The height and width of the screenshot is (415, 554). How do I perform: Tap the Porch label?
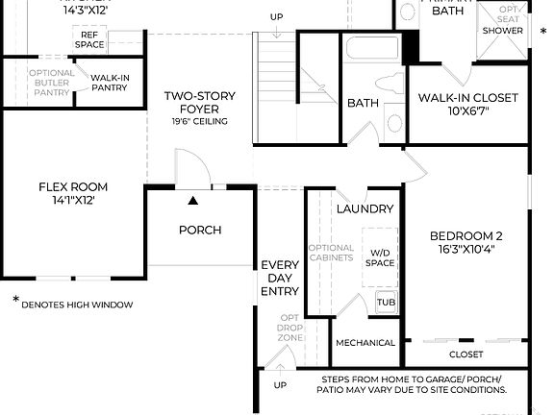pos(200,230)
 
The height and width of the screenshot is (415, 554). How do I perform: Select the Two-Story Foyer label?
pos(199,103)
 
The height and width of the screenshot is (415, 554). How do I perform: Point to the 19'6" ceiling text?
pos(199,122)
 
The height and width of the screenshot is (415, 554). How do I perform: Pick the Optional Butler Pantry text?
pos(52,83)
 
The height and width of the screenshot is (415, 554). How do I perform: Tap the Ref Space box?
pos(89,39)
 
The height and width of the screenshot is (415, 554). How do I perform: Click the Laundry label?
pos(365,208)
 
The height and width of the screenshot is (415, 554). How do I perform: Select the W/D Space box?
pos(381,257)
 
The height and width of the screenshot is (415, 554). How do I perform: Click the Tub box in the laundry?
pos(386,302)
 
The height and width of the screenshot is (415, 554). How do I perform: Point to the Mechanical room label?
pos(365,343)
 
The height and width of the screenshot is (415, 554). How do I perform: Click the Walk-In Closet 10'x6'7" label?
pos(467,105)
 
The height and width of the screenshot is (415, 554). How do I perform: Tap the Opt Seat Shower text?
pos(503,20)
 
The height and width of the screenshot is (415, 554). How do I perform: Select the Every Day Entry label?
pos(280,278)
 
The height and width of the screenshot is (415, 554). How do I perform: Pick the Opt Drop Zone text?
pos(290,329)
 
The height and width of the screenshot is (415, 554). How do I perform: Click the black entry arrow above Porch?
pos(193,201)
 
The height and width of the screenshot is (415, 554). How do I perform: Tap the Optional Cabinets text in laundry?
pos(331,258)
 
